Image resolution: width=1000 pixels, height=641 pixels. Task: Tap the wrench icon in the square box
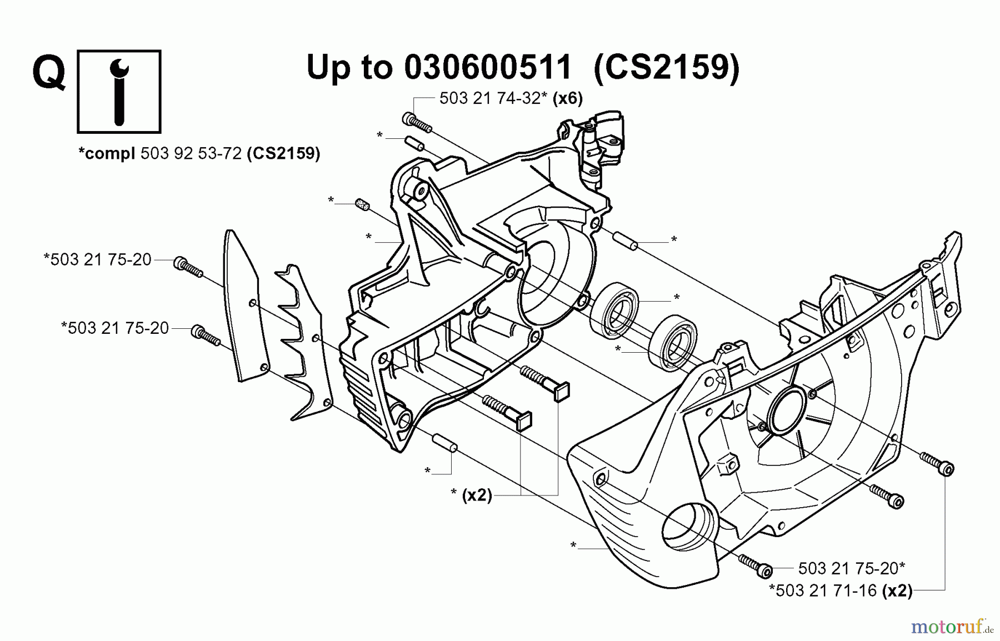point(119,92)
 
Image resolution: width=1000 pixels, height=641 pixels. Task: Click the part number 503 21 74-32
point(489,98)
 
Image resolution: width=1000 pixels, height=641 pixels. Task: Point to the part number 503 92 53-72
point(191,153)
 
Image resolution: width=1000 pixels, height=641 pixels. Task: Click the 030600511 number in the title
point(488,68)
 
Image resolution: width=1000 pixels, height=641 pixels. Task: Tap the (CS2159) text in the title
point(667,68)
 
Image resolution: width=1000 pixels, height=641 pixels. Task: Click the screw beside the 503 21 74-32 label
point(416,122)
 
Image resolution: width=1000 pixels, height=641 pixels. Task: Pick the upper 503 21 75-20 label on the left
point(98,259)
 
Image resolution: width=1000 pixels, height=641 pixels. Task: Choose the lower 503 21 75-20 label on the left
point(116,328)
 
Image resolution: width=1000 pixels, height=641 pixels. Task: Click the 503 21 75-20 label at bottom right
point(851,568)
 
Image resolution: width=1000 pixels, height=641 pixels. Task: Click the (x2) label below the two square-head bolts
point(477,495)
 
